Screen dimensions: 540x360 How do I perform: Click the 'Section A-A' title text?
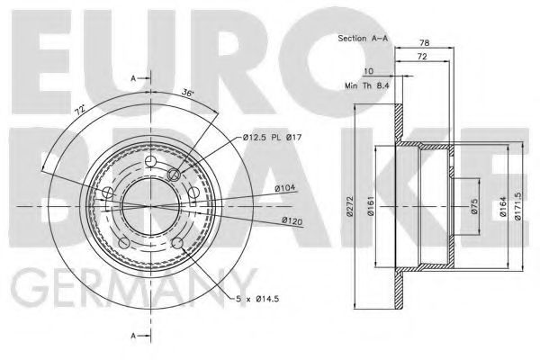363,38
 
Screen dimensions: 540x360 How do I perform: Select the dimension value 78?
424,42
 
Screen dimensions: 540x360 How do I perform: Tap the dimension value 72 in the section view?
422,57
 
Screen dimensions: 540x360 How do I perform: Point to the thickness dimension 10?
368,71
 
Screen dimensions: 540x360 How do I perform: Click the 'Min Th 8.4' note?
367,85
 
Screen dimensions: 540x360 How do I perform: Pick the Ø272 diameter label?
350,206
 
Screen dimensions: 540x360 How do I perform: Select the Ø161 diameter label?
371,206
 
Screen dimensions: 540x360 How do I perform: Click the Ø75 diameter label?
474,206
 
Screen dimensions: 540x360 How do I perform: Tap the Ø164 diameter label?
503,206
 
